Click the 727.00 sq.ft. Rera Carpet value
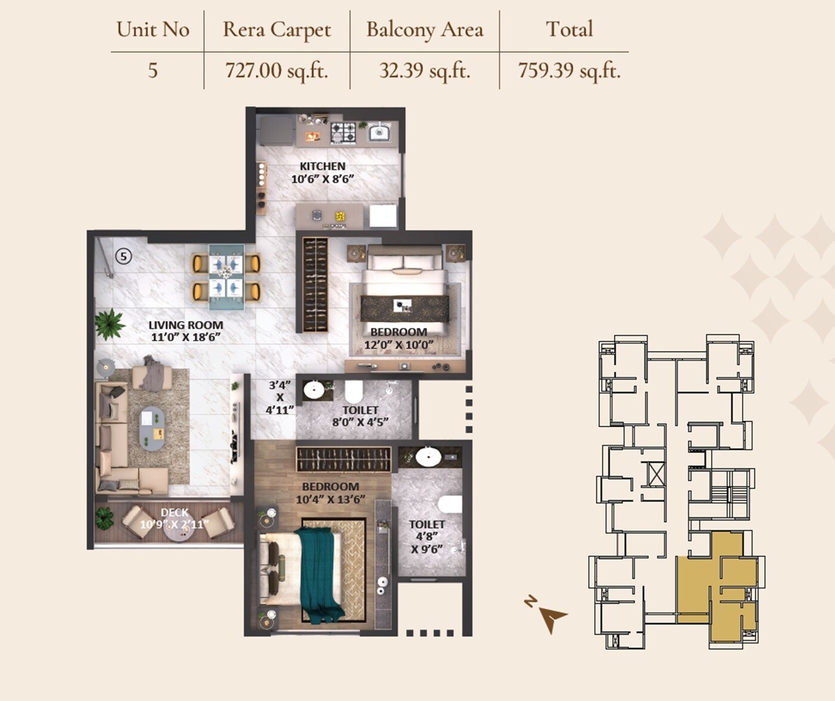coord(276,70)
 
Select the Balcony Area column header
coord(425,30)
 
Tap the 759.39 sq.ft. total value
coord(569,70)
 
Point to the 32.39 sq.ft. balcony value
coord(425,70)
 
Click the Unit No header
coord(153,30)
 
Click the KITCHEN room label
coord(322,166)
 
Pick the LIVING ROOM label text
coord(185,325)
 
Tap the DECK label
coord(174,512)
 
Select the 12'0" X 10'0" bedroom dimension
coord(398,345)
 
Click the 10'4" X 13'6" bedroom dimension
coord(330,499)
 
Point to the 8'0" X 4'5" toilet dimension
coord(360,422)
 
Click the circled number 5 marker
coord(123,257)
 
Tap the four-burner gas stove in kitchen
coord(343,132)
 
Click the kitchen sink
coord(379,132)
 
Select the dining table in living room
coord(226,277)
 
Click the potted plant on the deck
coord(105,518)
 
